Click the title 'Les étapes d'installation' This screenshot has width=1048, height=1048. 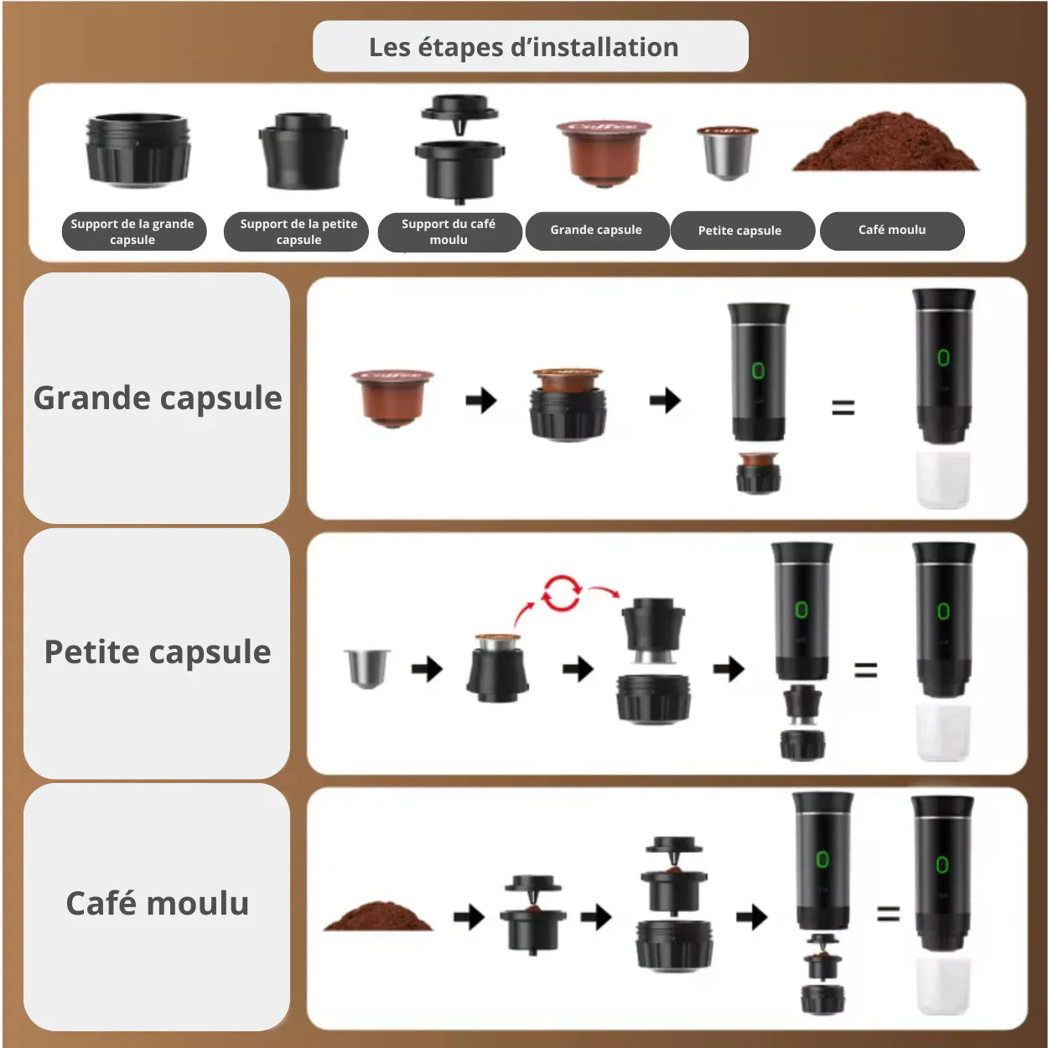tap(524, 47)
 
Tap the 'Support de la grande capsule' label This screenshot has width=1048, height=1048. tap(132, 231)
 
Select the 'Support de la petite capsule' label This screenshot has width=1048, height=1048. tap(298, 231)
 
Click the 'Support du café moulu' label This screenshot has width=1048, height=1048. tap(449, 231)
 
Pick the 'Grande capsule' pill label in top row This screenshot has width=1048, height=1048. tap(596, 230)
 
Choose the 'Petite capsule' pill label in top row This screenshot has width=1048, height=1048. tap(739, 231)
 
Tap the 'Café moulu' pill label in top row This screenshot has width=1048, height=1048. tap(892, 230)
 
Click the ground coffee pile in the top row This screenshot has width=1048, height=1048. tap(885, 144)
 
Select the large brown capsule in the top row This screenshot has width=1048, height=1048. tap(604, 152)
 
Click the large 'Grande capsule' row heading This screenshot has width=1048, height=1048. tap(158, 398)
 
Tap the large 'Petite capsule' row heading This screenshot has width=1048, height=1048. tap(158, 652)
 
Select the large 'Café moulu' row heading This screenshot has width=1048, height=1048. tap(158, 904)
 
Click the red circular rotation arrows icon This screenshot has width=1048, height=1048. tap(561, 593)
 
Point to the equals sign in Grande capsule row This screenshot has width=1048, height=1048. tap(843, 408)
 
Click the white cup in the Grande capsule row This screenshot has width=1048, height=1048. tap(943, 480)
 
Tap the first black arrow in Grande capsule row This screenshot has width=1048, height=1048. tap(481, 401)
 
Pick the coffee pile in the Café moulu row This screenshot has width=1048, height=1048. tap(378, 916)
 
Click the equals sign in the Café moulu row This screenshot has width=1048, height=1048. tap(888, 914)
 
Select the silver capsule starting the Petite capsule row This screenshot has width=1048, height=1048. tap(367, 667)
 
